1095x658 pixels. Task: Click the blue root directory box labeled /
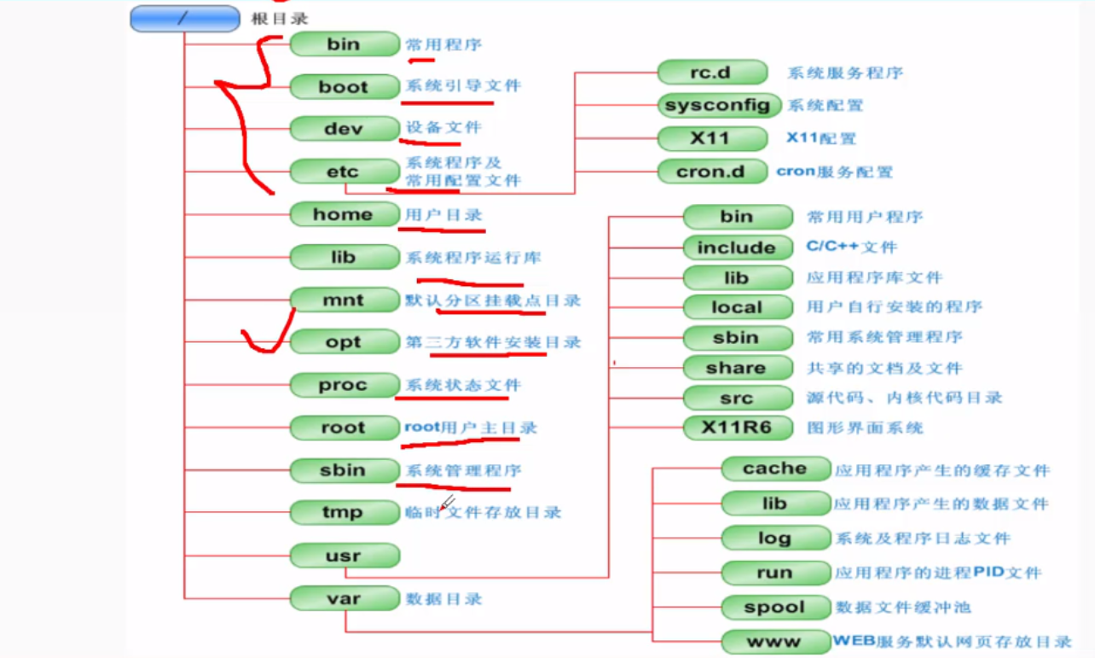tap(185, 19)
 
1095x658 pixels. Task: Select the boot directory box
tap(344, 87)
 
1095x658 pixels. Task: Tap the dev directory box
tap(344, 129)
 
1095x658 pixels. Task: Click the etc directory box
tap(344, 172)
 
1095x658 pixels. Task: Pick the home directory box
tap(344, 214)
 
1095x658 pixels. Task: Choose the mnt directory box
tap(344, 300)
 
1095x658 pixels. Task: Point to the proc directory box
tap(344, 385)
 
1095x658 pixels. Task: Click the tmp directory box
tap(344, 513)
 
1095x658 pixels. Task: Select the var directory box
tap(344, 598)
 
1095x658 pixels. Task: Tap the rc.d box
tap(711, 73)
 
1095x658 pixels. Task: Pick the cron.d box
tap(711, 172)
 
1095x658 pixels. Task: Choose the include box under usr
tap(736, 247)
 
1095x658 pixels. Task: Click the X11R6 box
tap(736, 428)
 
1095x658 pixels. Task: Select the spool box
tap(774, 608)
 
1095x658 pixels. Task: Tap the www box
tap(774, 642)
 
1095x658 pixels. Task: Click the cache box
tap(774, 469)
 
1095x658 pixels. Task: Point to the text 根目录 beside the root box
tap(280, 19)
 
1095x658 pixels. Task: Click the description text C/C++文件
tap(851, 247)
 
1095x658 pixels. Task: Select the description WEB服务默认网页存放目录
tap(952, 641)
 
